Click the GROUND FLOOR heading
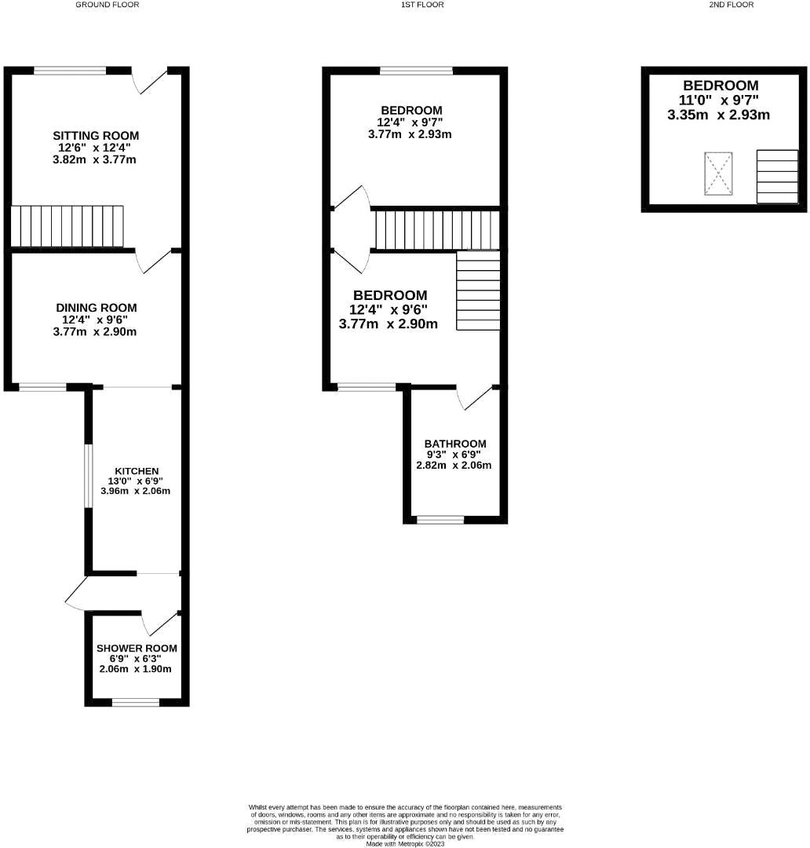tap(108, 5)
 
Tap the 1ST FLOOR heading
tap(421, 5)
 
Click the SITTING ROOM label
tap(97, 136)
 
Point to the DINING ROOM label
tap(97, 308)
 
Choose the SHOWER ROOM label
tap(137, 649)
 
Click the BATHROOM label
tap(455, 444)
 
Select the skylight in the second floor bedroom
tap(717, 174)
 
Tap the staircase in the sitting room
tap(67, 226)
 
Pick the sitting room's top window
tap(70, 71)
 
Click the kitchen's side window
tap(89, 479)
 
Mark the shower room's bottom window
tap(136, 702)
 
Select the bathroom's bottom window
tap(440, 519)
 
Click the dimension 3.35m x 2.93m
tap(718, 115)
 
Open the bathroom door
tap(476, 397)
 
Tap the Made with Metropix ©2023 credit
tap(405, 843)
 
